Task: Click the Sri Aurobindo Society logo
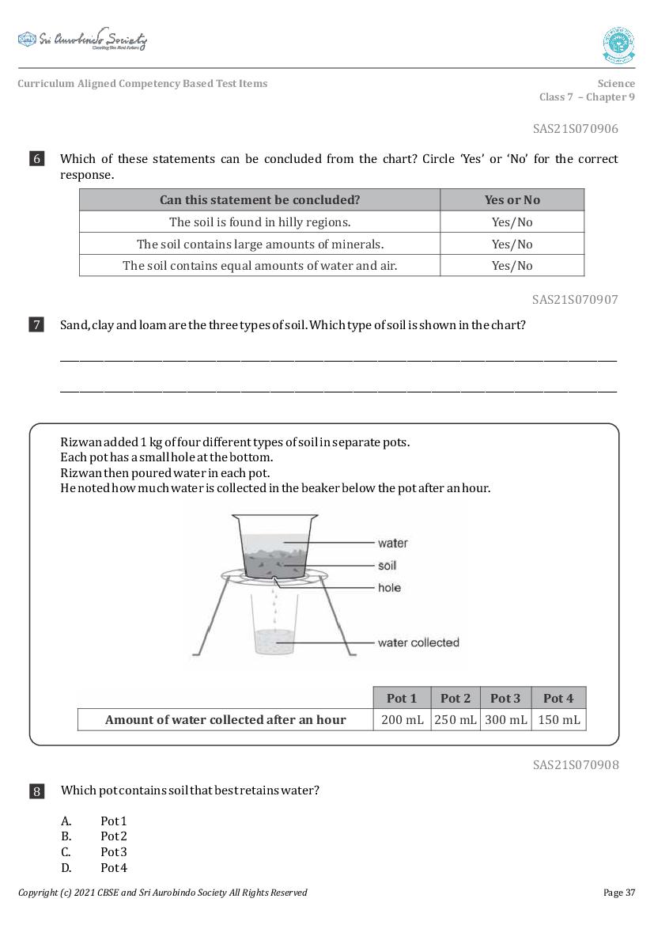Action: tap(82, 40)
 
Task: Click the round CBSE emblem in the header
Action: tap(618, 45)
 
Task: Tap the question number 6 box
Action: tap(37, 159)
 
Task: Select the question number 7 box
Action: tap(37, 324)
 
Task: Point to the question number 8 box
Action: tap(37, 790)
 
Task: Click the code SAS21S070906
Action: tap(575, 128)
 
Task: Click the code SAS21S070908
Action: tap(575, 764)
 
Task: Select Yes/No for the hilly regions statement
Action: tap(512, 222)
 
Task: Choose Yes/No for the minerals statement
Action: tap(512, 244)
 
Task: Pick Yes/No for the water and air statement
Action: tap(512, 265)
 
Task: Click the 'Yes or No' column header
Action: tap(512, 200)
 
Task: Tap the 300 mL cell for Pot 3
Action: tap(505, 719)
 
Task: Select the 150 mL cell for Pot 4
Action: tap(558, 719)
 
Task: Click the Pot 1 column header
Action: tap(401, 698)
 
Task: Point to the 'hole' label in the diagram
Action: tap(389, 588)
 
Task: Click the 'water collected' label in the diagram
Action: tap(418, 643)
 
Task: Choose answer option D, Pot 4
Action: tap(113, 868)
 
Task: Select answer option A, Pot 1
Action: tap(113, 821)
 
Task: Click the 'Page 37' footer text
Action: tap(618, 893)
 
